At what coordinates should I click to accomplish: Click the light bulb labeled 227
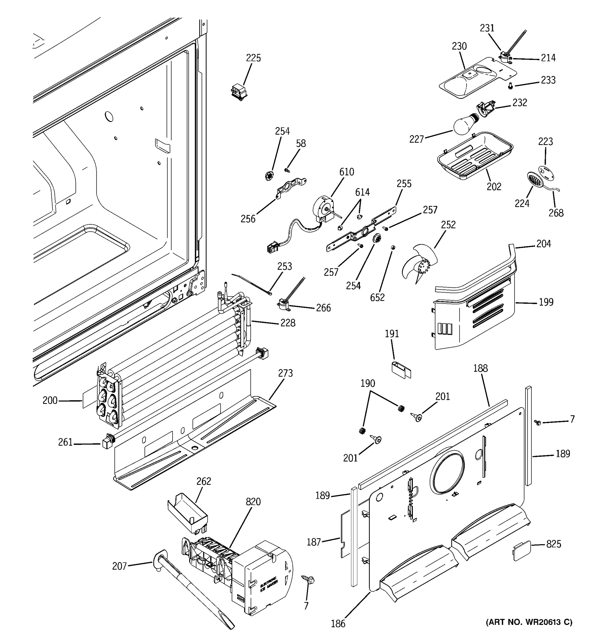tap(464, 125)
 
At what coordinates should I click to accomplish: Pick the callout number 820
tap(253, 502)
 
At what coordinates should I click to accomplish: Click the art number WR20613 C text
tap(529, 622)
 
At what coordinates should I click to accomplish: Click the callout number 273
tap(285, 373)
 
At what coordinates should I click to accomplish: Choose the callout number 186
tap(338, 624)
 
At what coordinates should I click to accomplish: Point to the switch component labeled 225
tap(239, 91)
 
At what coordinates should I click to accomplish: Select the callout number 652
tap(377, 297)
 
